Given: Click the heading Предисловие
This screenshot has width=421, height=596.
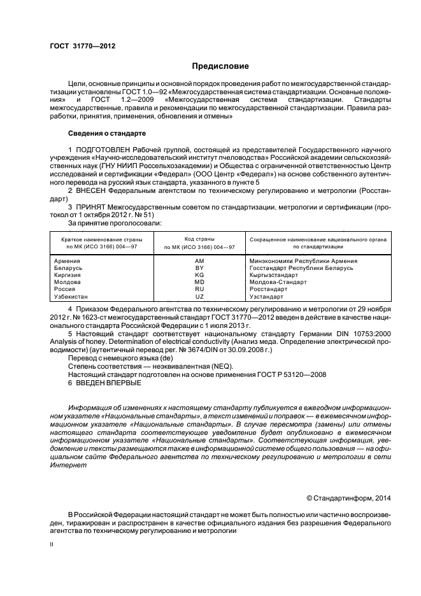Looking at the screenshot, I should (220, 66).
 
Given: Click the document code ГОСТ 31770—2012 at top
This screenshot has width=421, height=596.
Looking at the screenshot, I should (82, 46).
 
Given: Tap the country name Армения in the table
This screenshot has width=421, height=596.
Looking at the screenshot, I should (68, 261).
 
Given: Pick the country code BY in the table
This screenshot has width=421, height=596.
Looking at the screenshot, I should (199, 268).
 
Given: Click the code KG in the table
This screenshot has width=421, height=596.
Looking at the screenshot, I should (199, 275).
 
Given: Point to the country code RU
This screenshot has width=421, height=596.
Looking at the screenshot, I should (199, 289).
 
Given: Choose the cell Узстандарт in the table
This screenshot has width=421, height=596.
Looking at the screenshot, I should (267, 297).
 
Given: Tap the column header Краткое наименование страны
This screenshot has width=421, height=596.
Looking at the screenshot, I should (102, 239).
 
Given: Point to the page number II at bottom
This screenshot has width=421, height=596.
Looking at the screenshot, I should (52, 545).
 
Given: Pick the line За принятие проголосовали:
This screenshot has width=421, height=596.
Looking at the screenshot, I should (115, 223).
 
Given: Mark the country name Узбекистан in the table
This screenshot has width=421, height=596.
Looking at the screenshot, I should (71, 297).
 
